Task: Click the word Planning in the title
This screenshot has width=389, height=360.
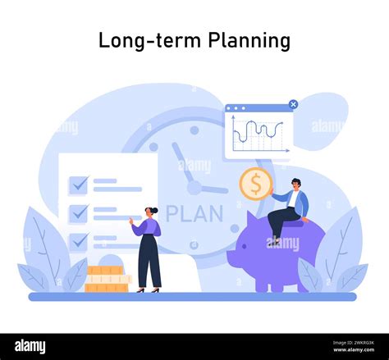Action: click(248, 40)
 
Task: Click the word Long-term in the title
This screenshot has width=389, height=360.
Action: click(149, 39)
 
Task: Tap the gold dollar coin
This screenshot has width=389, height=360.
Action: click(255, 184)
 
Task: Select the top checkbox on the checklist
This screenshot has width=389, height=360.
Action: click(79, 185)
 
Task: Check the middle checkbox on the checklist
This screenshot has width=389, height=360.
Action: click(79, 213)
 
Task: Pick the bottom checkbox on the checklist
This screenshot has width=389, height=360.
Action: click(79, 241)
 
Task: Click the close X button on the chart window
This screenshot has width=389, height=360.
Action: click(293, 105)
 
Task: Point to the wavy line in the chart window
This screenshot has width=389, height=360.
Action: click(258, 130)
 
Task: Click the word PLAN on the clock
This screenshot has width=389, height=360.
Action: click(194, 214)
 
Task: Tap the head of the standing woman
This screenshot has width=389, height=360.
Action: click(152, 212)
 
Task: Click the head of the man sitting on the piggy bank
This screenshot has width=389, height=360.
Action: click(295, 183)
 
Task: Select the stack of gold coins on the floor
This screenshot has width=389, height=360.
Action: click(107, 280)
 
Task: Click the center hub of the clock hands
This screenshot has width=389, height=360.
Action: click(194, 187)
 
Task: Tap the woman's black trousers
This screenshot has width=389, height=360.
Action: click(149, 261)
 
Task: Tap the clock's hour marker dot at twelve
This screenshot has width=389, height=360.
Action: click(194, 130)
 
